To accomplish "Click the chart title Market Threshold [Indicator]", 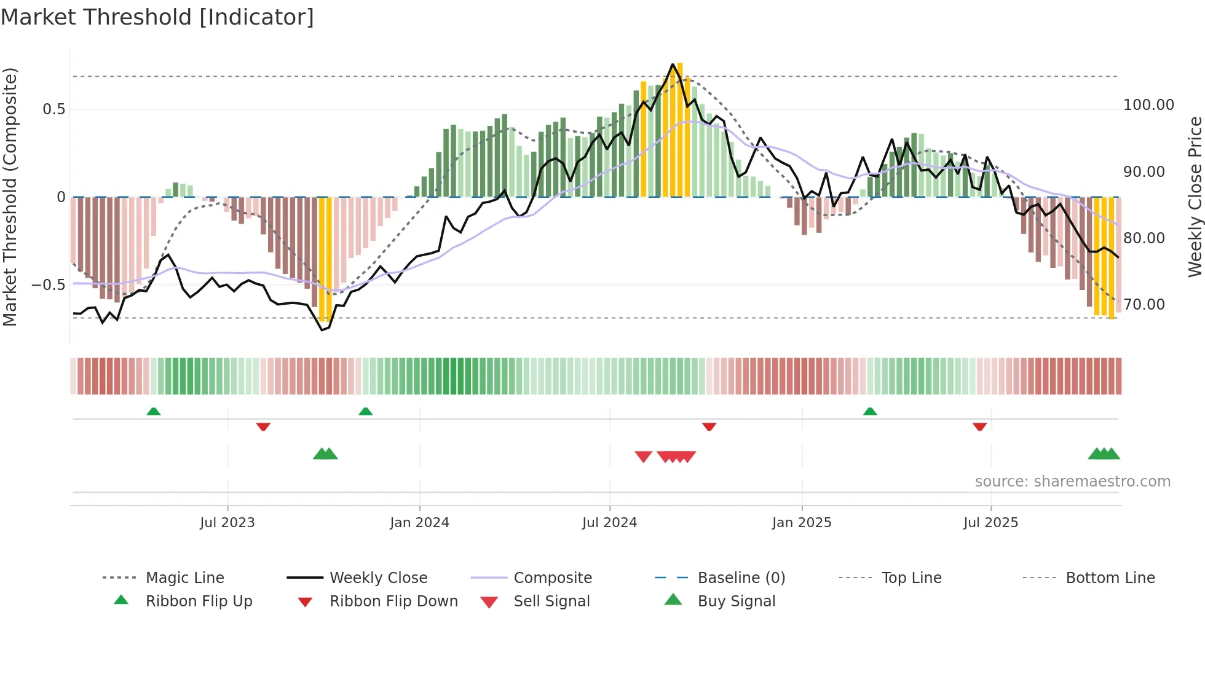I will click(157, 17).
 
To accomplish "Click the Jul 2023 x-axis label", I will click(227, 523).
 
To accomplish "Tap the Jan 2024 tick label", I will click(419, 523).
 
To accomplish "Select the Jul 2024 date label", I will click(609, 523).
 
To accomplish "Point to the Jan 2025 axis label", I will click(802, 523).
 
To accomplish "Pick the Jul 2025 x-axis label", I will click(990, 523).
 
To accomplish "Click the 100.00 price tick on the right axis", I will click(1148, 105).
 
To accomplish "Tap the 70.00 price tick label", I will click(1144, 305).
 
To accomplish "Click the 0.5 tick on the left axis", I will click(53, 109).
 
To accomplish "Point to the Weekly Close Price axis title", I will click(1195, 197).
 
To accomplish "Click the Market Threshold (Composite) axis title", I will click(10, 197).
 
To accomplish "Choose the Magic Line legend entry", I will click(184, 578).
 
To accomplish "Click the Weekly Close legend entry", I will click(378, 578).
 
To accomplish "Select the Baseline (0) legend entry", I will click(741, 578).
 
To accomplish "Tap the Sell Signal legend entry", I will click(551, 601).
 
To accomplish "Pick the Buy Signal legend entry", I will click(736, 601).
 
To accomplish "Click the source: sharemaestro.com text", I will click(1072, 482).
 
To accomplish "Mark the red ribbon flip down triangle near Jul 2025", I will click(979, 426).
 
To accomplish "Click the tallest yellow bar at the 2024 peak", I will click(680, 129).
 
